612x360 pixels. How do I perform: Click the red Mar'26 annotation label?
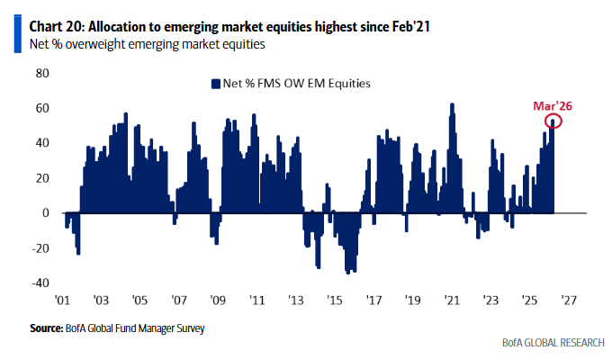click(x=551, y=105)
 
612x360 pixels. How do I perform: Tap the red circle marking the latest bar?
click(x=553, y=121)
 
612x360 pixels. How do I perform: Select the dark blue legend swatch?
click(x=215, y=84)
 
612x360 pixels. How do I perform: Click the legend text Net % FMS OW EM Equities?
click(x=297, y=84)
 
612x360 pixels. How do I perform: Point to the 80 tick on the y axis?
click(x=40, y=73)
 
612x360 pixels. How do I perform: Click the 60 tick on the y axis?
click(x=40, y=108)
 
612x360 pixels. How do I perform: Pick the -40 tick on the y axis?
click(x=38, y=283)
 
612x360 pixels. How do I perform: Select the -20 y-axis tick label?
click(x=38, y=247)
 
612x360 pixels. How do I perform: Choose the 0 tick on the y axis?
click(x=43, y=213)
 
